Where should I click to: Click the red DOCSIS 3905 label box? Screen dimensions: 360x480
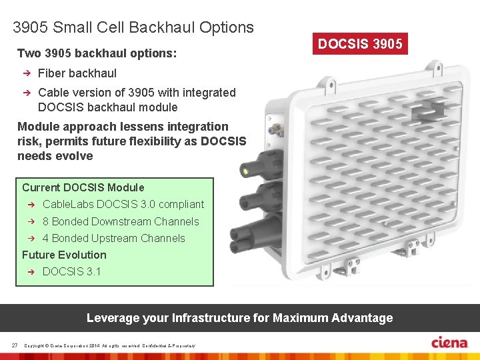(360, 45)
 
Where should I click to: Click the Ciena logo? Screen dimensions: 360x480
(450, 343)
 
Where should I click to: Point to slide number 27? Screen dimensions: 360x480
(14, 345)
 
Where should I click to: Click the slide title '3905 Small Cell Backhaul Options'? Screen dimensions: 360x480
(133, 27)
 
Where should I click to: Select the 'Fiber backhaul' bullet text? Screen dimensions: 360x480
(77, 73)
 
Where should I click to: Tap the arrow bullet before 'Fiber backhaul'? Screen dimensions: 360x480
(27, 73)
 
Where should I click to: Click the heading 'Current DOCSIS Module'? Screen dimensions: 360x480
(83, 187)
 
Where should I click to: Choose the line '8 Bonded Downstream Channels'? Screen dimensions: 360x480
(121, 221)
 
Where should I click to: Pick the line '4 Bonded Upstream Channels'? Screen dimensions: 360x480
(113, 238)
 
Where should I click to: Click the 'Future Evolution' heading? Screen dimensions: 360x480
(64, 255)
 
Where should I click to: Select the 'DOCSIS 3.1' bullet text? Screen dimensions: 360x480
(72, 271)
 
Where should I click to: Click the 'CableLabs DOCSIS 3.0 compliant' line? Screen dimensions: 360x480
(123, 204)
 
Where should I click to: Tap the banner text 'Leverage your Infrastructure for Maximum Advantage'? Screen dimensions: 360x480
(239, 318)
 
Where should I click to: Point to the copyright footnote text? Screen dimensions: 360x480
(109, 345)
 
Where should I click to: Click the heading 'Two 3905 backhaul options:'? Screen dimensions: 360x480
(97, 53)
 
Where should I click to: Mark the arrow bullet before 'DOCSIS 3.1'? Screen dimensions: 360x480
(31, 271)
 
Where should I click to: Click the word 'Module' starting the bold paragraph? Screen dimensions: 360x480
(37, 127)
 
